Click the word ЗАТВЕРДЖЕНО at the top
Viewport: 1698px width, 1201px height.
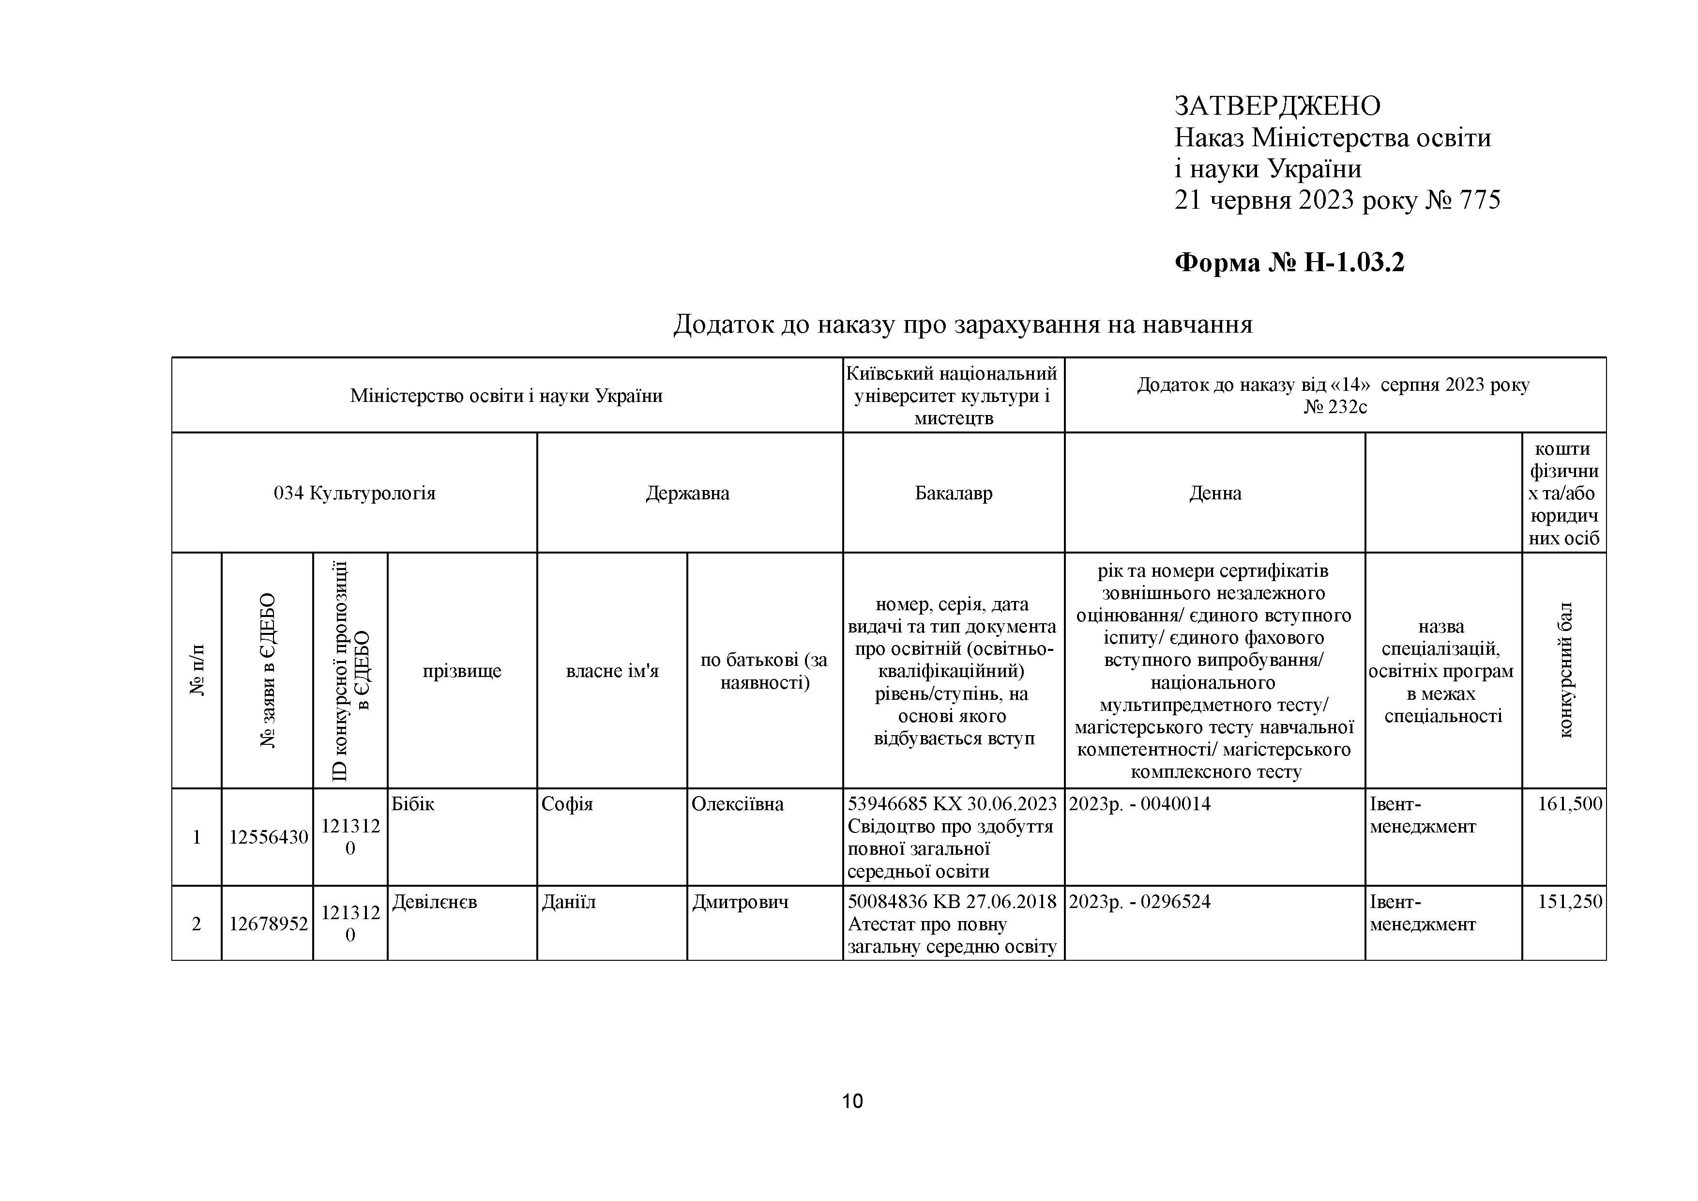point(1277,107)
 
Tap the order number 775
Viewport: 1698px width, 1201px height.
point(1480,200)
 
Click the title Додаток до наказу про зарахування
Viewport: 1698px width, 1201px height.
point(962,324)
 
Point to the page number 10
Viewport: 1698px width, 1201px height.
point(852,1101)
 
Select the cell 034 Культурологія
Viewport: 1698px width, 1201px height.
point(354,493)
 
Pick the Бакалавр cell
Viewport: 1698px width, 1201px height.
point(953,493)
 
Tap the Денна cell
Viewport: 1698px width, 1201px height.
point(1214,493)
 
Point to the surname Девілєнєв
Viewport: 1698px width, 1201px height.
point(434,902)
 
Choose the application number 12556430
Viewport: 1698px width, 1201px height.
point(268,837)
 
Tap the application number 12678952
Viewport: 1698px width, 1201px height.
point(268,924)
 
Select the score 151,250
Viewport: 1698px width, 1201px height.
point(1569,902)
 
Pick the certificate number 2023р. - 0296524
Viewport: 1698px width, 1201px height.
point(1139,902)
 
